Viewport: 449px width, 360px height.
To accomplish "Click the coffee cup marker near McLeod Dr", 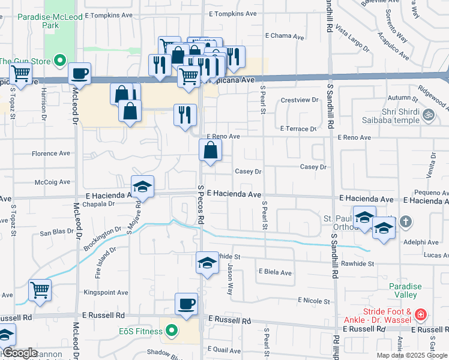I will [x=79, y=74].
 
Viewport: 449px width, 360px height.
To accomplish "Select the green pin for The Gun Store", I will [x=59, y=61].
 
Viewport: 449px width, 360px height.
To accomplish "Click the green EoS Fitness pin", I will [x=171, y=331].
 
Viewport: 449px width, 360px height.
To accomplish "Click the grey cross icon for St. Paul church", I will [x=406, y=222].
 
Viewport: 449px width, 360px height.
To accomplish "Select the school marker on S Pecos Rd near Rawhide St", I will [x=207, y=263].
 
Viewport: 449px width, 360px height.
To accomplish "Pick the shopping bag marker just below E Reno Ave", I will [x=210, y=151].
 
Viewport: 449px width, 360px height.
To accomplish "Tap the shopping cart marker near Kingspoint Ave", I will [x=40, y=290].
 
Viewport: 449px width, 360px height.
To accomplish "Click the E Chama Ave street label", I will [x=289, y=36].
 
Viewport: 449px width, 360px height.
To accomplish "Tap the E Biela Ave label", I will [x=275, y=272].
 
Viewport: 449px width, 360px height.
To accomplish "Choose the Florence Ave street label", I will [x=51, y=154].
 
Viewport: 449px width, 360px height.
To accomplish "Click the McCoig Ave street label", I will [x=53, y=182].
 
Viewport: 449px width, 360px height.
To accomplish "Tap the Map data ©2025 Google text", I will [x=412, y=355].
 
